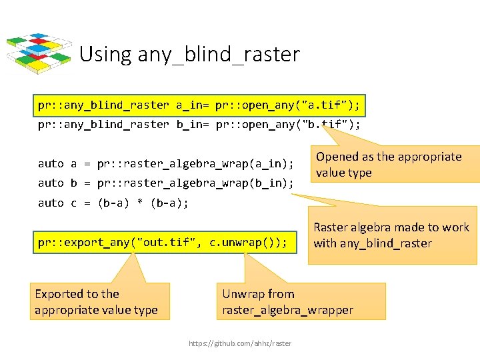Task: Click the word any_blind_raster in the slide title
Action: pyautogui.click(x=219, y=54)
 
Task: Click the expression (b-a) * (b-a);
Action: pyautogui.click(x=143, y=203)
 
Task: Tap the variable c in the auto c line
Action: pyautogui.click(x=74, y=203)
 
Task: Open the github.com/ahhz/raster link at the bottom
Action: pyautogui.click(x=240, y=343)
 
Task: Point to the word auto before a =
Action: pyautogui.click(x=51, y=163)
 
